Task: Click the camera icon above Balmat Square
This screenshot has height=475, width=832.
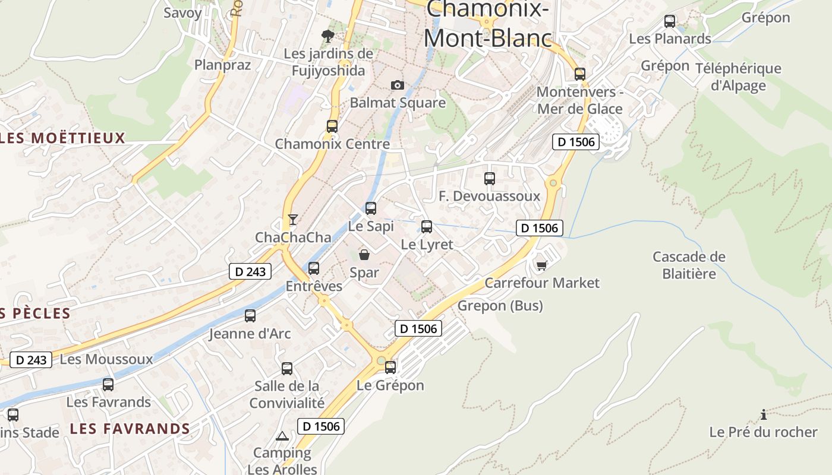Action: coord(398,85)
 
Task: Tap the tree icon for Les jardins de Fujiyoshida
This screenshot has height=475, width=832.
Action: coord(327,36)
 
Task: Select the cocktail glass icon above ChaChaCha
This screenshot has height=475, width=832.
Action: coord(292,220)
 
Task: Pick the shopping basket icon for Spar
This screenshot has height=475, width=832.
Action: coord(364,255)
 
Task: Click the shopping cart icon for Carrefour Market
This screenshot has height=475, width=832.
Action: coord(541,265)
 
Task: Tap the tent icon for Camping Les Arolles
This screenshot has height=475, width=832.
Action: coord(282,436)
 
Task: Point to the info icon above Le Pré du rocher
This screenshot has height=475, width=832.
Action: coord(764,414)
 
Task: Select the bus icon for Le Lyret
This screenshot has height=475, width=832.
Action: coord(427,226)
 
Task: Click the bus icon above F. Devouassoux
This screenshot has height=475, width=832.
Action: coord(490,178)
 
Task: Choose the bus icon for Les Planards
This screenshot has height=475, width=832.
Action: coord(670,21)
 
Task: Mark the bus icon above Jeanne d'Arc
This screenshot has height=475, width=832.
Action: coord(250,316)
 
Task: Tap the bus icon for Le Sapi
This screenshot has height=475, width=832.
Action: coord(371,208)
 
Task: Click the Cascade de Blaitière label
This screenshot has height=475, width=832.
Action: coord(689,265)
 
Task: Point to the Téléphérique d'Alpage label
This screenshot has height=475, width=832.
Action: coord(738,77)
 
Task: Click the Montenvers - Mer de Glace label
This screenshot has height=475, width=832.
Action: coord(580,100)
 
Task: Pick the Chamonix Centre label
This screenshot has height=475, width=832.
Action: coord(332,144)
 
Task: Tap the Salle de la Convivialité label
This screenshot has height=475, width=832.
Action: coord(287,394)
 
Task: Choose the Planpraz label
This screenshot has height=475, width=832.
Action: coord(223,65)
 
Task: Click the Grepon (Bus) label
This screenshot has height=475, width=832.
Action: coord(500,306)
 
